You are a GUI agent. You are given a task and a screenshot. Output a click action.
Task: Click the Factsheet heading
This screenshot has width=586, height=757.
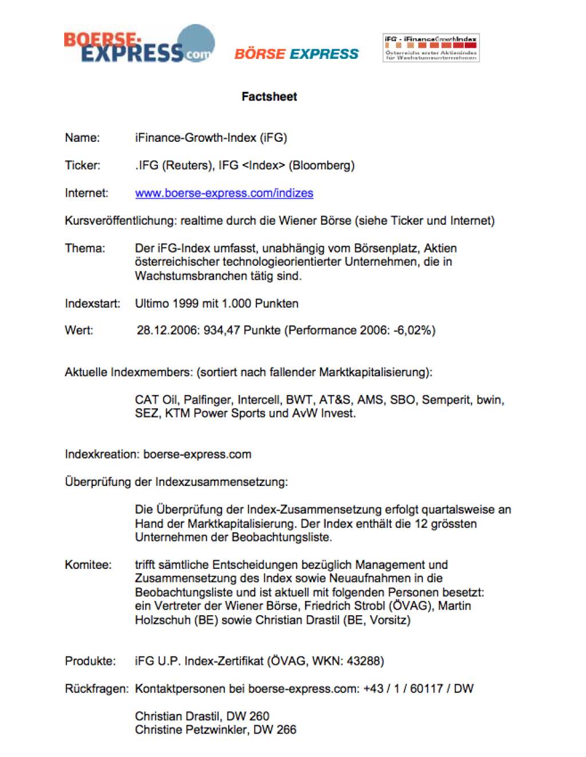point(269,97)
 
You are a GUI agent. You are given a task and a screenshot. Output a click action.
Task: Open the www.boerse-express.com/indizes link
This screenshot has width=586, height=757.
point(224,193)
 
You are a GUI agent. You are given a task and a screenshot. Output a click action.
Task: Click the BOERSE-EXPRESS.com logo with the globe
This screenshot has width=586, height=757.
point(139,46)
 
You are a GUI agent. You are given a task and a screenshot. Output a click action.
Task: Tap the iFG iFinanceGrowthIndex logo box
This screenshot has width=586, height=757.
point(431,47)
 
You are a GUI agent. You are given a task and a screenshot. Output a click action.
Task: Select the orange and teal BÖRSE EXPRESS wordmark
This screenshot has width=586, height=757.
point(296,54)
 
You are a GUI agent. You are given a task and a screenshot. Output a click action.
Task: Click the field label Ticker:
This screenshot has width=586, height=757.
point(82,166)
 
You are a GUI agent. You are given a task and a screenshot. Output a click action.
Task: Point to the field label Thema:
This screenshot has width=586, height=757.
point(85,249)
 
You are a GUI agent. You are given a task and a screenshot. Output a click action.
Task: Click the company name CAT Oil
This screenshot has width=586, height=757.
point(156,400)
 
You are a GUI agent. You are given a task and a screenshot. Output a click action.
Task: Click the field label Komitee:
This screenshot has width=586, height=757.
point(88,565)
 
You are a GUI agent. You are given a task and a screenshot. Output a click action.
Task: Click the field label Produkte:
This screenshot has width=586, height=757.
point(90,662)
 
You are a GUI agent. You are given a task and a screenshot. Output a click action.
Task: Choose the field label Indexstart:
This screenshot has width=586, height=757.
point(92,304)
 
